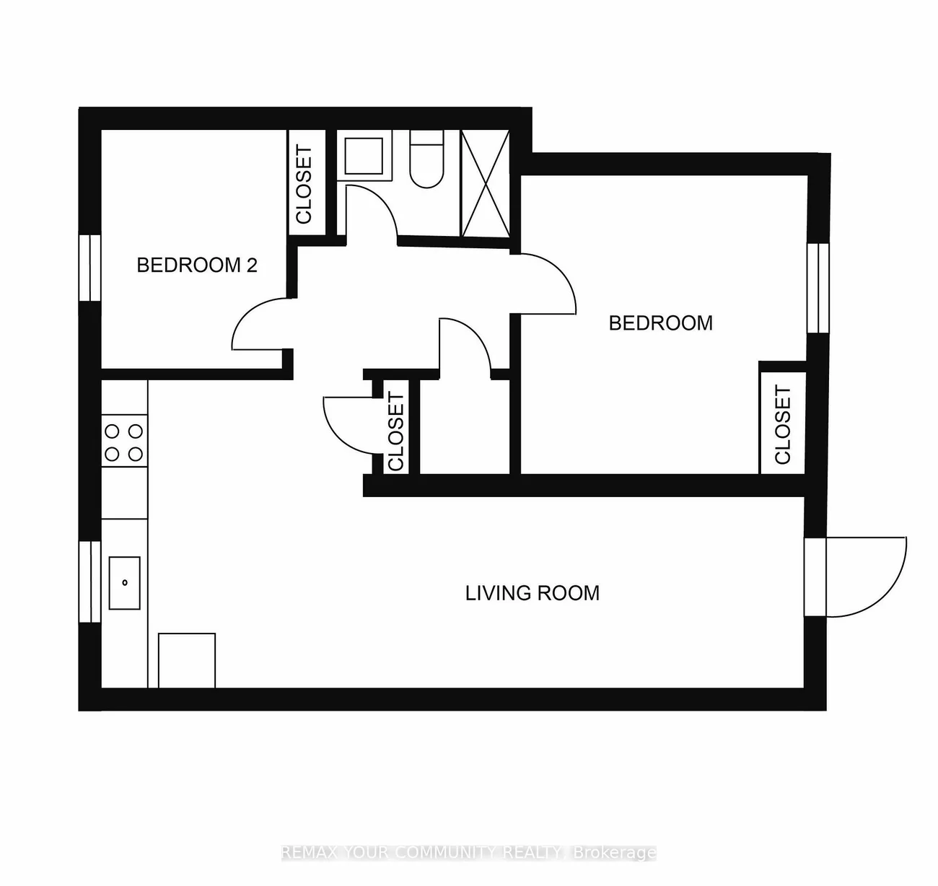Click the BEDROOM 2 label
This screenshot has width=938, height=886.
[x=196, y=266]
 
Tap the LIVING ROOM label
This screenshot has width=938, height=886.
[x=532, y=593]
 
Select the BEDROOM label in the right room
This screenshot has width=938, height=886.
[x=660, y=323]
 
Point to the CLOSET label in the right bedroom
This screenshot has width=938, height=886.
[x=783, y=425]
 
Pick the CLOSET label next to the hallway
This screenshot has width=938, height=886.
[x=396, y=431]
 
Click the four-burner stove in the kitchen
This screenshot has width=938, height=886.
[x=124, y=442]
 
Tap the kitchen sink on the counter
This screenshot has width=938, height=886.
[x=125, y=582]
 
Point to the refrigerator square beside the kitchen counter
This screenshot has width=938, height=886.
[x=186, y=660]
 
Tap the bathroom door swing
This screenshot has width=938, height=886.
[x=372, y=209]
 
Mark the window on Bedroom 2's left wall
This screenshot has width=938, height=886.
[x=89, y=268]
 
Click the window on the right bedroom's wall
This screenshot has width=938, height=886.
[x=818, y=287]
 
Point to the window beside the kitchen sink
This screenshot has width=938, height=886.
[x=89, y=581]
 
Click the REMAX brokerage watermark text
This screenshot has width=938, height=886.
[x=469, y=853]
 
